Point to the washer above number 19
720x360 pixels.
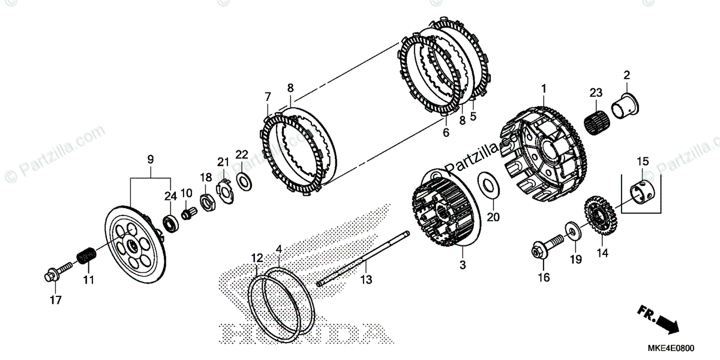click(573, 230)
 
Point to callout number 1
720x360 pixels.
click(544, 89)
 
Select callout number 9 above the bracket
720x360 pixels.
click(150, 160)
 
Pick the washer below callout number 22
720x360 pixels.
click(244, 181)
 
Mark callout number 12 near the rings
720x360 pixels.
click(257, 258)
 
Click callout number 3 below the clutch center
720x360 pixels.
click(462, 265)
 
